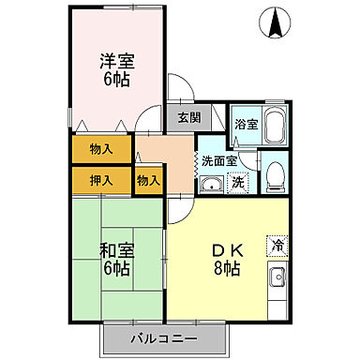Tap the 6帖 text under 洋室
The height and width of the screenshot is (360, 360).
click(117, 81)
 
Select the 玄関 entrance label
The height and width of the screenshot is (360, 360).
click(188, 118)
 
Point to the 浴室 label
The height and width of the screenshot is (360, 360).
click(245, 124)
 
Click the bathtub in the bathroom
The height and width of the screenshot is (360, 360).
click(274, 126)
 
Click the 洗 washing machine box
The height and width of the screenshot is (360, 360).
click(238, 183)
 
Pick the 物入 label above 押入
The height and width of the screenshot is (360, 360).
click(102, 148)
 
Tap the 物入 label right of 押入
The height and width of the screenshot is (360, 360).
click(148, 179)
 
